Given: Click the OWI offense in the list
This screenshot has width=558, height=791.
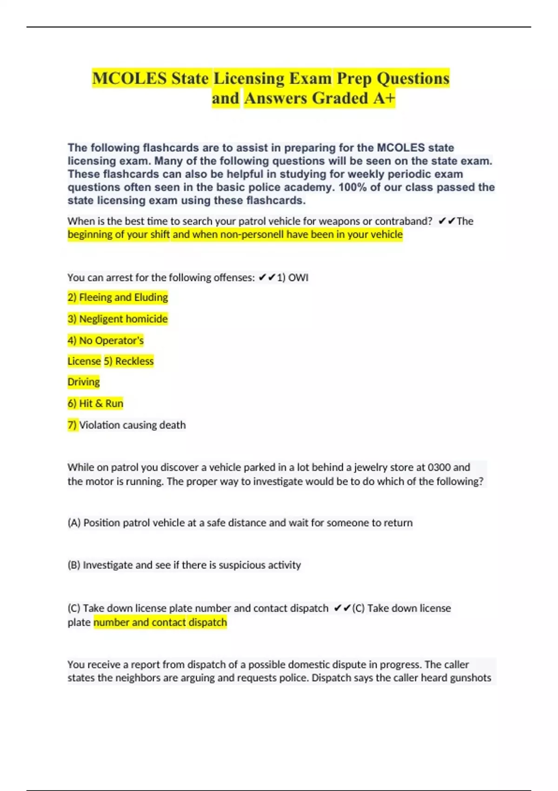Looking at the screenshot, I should point(298,278).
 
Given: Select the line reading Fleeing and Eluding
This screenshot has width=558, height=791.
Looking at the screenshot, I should point(118,297).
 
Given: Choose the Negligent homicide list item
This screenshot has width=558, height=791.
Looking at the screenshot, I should point(118,319).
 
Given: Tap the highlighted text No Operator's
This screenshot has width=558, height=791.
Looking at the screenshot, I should point(106,341).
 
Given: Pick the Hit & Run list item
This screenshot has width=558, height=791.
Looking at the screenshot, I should point(95,403).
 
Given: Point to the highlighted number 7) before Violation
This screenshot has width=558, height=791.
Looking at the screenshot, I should point(72,425).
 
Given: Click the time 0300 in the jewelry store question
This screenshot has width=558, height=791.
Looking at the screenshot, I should point(439,467).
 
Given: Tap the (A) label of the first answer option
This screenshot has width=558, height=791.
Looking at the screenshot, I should point(74,523).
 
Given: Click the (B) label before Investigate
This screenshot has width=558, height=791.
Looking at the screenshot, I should point(74,565).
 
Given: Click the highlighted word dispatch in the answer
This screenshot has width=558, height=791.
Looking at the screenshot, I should point(207,622).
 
